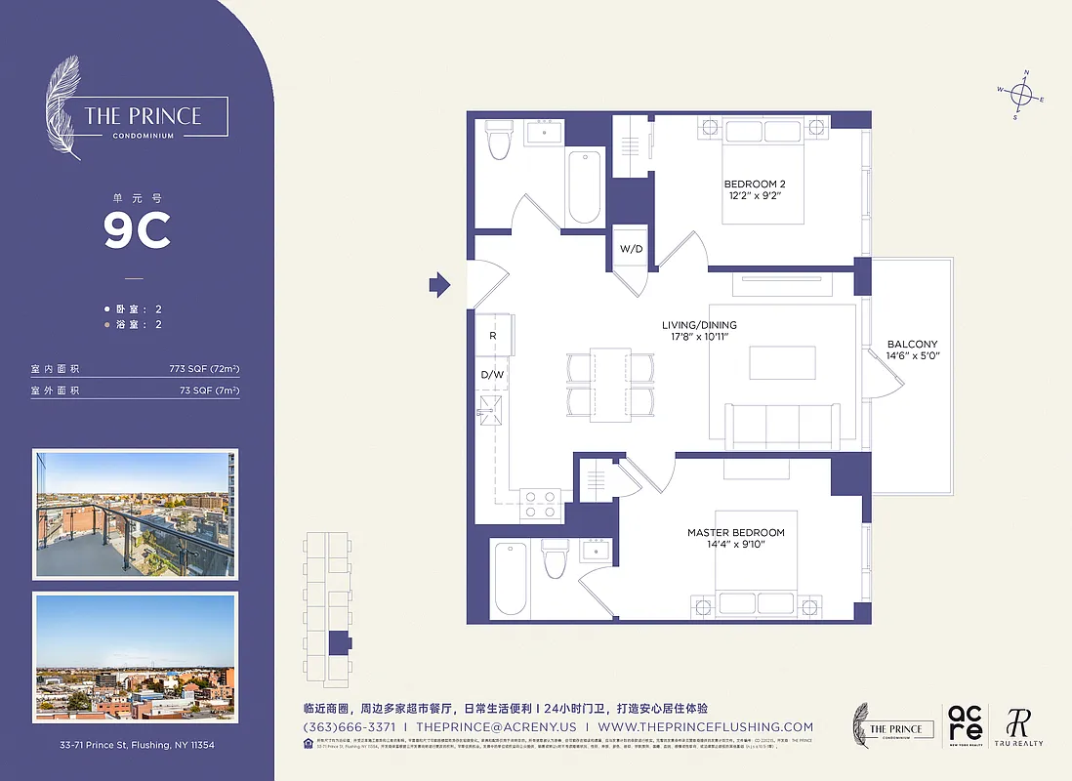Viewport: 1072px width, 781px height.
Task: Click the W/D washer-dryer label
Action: click(632, 248)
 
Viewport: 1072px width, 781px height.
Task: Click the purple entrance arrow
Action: click(439, 285)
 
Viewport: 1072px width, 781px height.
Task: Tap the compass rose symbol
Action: click(1021, 95)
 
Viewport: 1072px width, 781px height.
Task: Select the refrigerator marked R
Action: click(493, 336)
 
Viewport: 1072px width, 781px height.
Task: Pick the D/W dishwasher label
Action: click(492, 374)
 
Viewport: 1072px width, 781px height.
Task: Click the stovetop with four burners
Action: click(539, 503)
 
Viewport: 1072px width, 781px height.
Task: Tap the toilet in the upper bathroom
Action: click(500, 140)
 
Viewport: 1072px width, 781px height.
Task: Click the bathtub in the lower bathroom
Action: click(511, 577)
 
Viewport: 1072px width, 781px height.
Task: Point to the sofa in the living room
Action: click(781, 425)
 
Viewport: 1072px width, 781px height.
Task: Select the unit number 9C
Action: click(138, 230)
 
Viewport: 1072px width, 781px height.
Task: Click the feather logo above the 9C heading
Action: click(64, 106)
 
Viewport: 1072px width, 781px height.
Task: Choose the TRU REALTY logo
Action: click(1018, 726)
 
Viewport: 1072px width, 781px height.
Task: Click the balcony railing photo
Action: click(135, 514)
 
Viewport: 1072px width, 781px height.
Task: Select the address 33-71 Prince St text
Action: click(137, 745)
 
